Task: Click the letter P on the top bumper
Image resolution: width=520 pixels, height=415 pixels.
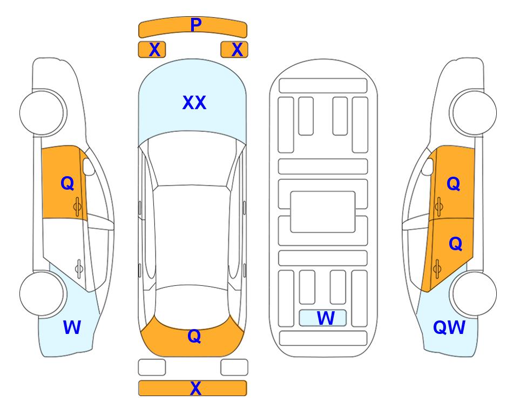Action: click(196, 25)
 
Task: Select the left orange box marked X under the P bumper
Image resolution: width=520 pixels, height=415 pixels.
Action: click(152, 50)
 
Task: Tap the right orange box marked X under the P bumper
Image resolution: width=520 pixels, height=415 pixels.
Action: click(234, 50)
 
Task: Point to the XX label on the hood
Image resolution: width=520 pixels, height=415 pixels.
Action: click(194, 103)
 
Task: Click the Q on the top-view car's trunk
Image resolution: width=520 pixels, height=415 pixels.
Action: click(194, 336)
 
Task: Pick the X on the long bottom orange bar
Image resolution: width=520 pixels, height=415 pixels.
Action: click(195, 388)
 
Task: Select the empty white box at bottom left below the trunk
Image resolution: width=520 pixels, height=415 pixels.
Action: click(152, 367)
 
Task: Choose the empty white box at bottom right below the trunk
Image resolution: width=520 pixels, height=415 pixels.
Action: click(234, 367)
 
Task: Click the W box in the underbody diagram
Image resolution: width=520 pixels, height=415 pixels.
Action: click(323, 318)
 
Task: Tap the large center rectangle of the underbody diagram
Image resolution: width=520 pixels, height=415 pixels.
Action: click(323, 212)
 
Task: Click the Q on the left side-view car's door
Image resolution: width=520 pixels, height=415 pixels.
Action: click(67, 183)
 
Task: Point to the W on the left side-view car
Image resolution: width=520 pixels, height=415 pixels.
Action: click(72, 327)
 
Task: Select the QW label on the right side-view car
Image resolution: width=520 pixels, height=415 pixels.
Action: click(449, 327)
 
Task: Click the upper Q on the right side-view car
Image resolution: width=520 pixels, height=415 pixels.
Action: click(454, 184)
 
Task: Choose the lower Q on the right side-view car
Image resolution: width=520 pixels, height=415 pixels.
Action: click(455, 244)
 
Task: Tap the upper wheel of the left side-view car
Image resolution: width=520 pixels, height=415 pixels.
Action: click(42, 113)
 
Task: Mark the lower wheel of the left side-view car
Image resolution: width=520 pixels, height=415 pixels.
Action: click(42, 293)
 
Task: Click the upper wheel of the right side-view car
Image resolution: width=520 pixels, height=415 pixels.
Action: click(474, 113)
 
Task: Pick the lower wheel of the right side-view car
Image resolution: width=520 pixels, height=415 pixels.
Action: click(474, 293)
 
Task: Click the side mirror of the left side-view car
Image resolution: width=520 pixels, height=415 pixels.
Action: click(89, 166)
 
